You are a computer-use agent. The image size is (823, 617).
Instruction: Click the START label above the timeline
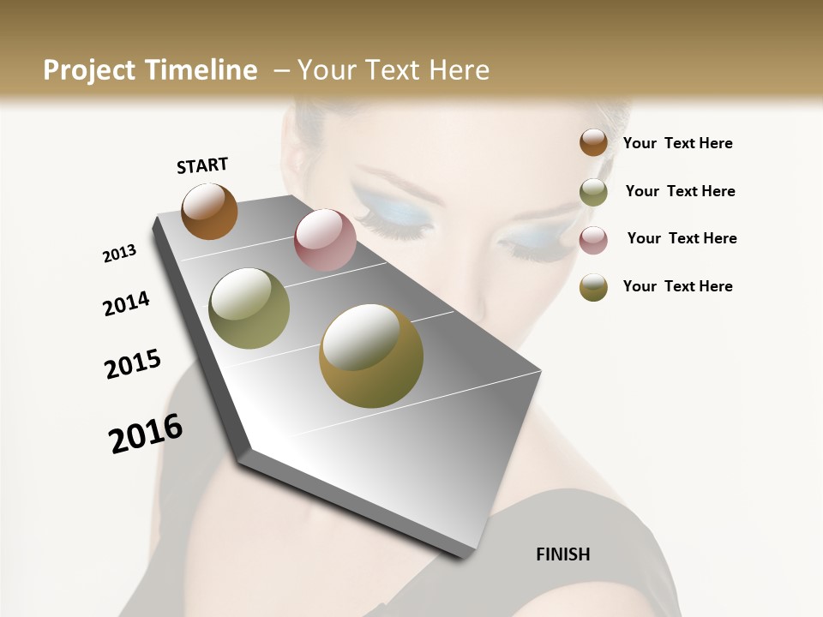[202, 165]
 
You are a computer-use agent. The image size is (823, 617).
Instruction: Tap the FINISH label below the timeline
[562, 554]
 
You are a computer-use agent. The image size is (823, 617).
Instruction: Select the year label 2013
[119, 254]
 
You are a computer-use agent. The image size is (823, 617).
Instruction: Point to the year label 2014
[126, 304]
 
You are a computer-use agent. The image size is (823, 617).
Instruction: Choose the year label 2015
[133, 364]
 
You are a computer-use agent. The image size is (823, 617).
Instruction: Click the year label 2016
[146, 434]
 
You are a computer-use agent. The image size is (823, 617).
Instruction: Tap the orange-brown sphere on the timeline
[209, 211]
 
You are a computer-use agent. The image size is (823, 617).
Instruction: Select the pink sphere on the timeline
[325, 240]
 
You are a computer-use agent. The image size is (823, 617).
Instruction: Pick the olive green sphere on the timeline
[249, 308]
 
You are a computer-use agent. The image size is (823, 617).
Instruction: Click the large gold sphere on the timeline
[371, 356]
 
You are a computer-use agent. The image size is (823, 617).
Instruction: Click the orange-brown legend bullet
[593, 142]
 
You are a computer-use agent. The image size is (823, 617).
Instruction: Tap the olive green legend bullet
[593, 192]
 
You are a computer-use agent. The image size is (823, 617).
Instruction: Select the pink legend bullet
[593, 240]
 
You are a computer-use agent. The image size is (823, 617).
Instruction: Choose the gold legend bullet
[593, 287]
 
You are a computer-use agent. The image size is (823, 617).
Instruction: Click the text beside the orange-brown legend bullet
[677, 143]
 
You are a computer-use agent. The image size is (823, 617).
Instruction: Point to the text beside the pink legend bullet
[682, 238]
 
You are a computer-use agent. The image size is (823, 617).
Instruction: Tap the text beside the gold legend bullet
[677, 286]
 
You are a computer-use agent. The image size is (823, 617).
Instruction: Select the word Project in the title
[88, 70]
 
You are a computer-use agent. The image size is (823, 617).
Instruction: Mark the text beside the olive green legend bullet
[680, 191]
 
